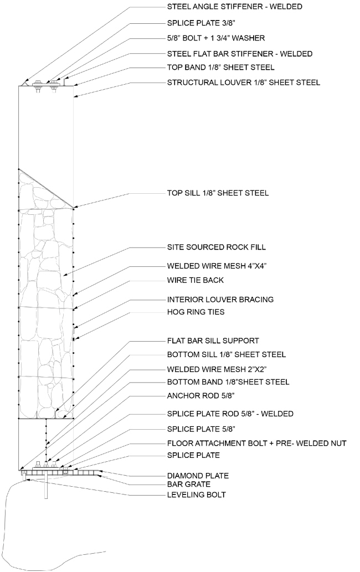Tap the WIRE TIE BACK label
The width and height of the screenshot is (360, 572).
click(196, 280)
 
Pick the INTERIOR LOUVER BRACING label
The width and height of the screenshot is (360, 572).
click(220, 300)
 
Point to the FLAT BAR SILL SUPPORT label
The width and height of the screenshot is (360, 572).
click(213, 341)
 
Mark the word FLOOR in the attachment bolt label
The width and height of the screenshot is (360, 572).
click(181, 444)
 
